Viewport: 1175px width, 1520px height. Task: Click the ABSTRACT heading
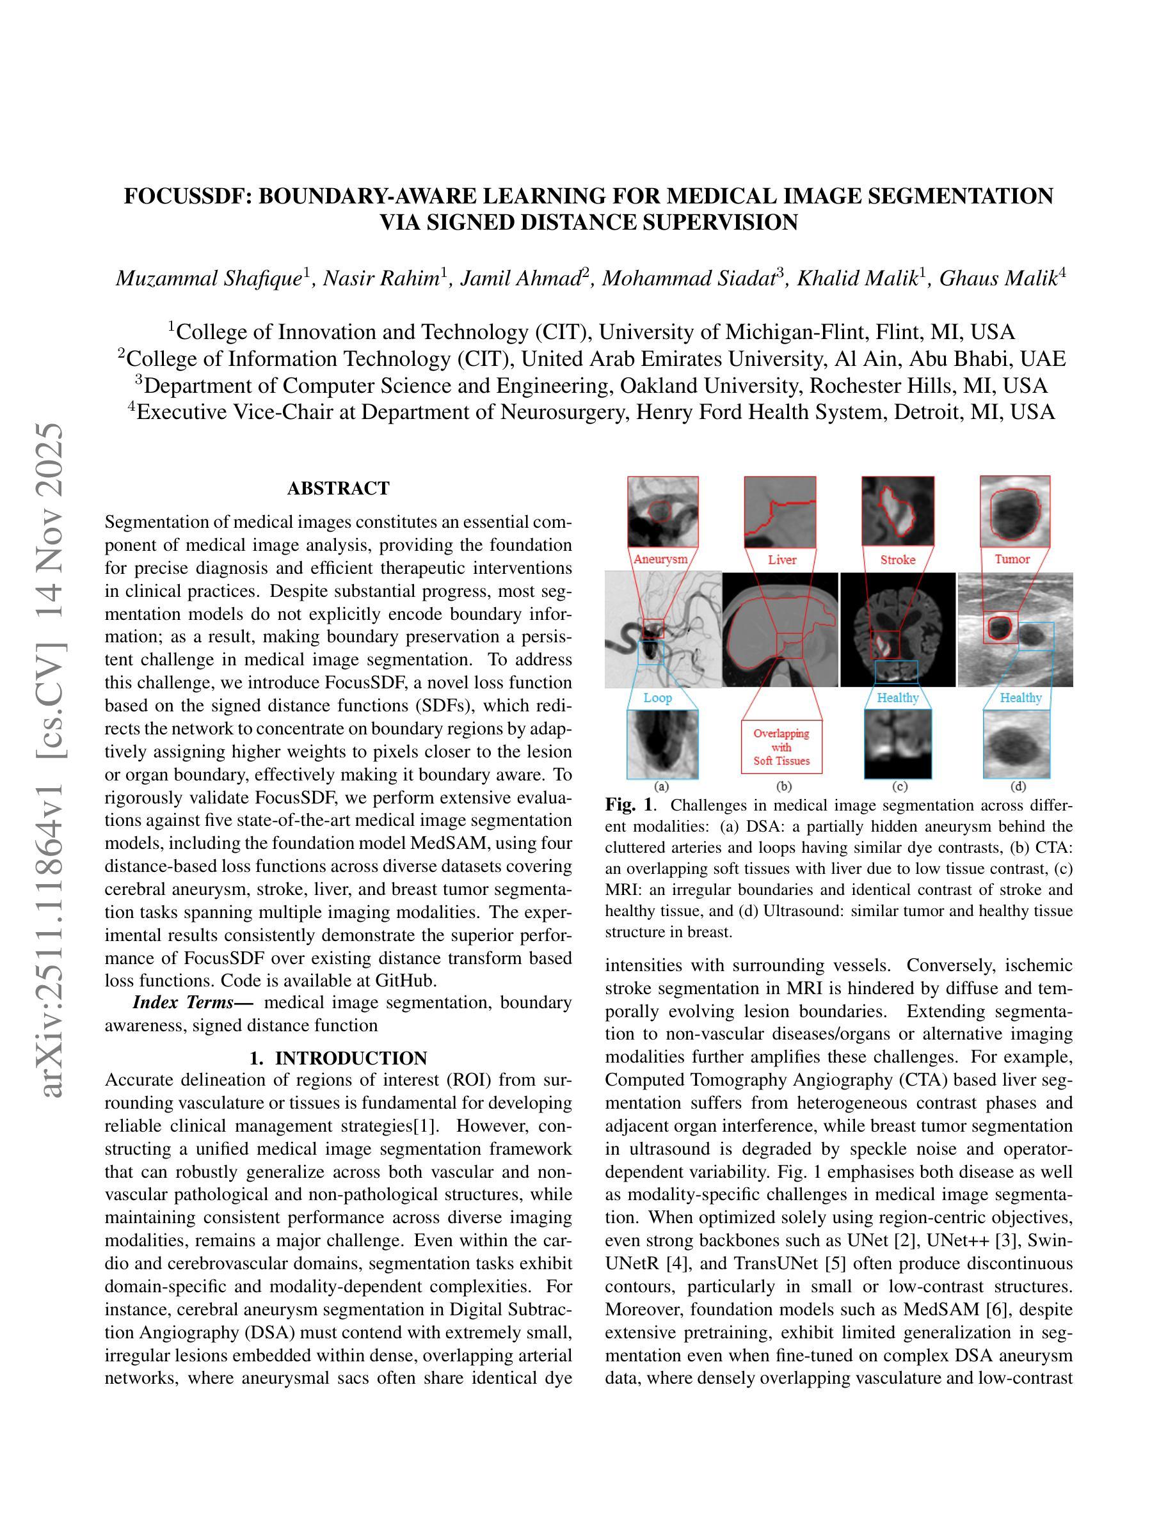coord(339,489)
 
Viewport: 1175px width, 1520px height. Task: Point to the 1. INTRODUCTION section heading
coord(339,1059)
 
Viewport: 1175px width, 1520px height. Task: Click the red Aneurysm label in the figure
coord(660,559)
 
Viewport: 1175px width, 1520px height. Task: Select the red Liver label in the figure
coord(781,560)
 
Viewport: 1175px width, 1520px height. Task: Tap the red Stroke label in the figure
coord(897,560)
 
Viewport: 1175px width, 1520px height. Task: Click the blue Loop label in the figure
coord(657,697)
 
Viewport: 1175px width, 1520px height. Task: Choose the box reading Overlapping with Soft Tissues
coord(781,747)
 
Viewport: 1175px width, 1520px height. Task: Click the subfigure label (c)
coord(899,786)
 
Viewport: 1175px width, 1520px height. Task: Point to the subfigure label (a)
coord(661,786)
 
